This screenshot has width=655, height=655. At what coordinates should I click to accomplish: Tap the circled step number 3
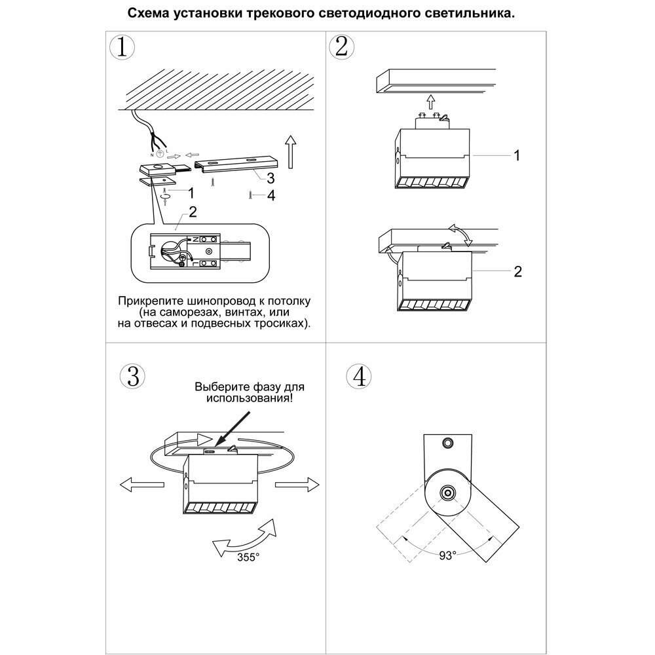point(132,376)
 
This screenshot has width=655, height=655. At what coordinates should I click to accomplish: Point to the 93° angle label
point(447,555)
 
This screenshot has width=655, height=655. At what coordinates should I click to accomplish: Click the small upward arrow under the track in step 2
point(430,102)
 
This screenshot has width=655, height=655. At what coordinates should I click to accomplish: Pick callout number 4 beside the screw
point(271,195)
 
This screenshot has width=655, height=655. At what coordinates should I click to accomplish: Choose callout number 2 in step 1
point(192,212)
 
